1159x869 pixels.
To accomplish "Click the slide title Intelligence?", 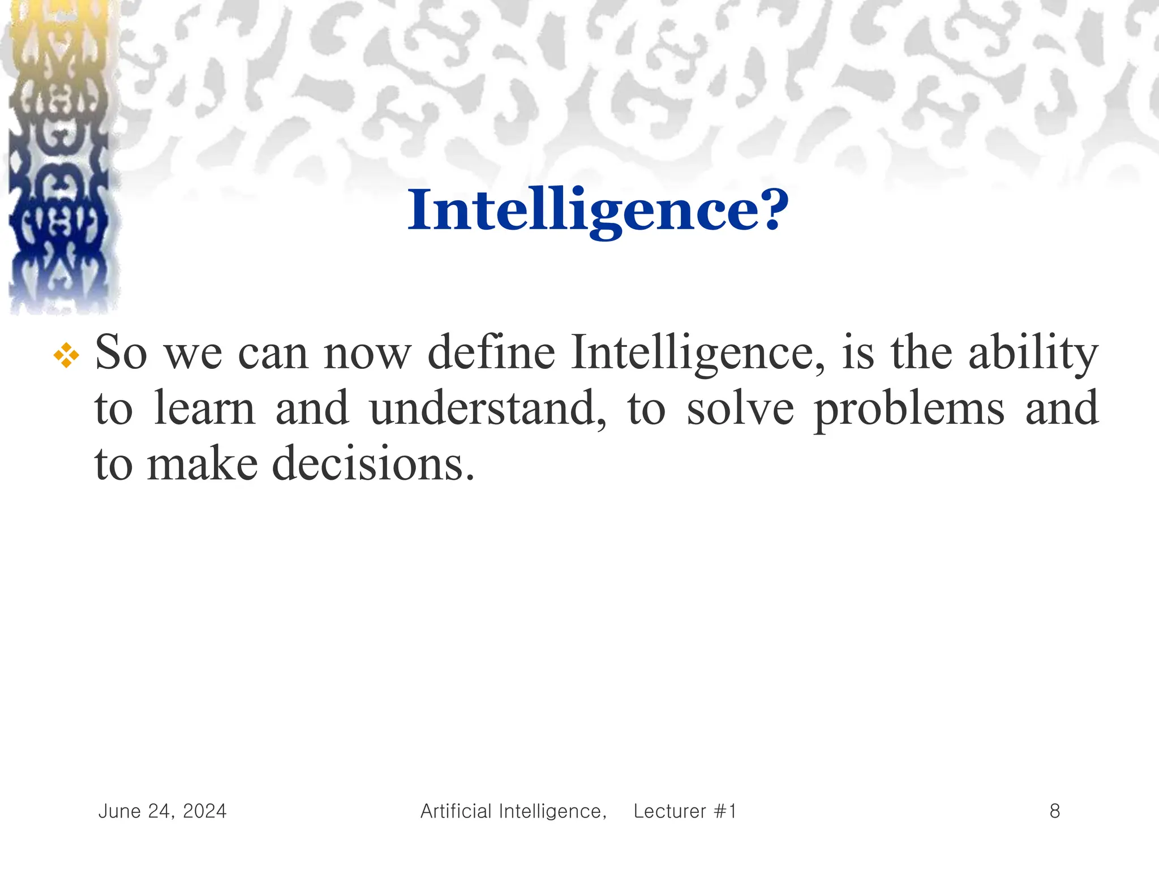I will click(598, 210).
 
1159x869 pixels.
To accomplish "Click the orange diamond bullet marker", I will click(66, 355).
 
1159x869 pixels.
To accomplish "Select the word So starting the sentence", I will click(121, 352).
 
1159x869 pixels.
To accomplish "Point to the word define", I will click(491, 352).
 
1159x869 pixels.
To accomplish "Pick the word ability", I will click(1033, 354).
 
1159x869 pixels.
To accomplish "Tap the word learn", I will click(205, 408).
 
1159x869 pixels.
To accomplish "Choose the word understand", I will click(488, 408).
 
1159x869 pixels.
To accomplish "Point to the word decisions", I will click(373, 464).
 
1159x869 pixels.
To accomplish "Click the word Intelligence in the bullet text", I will click(698, 354).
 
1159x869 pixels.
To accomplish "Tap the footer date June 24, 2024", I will click(162, 811).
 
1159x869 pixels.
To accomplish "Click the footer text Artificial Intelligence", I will click(513, 811).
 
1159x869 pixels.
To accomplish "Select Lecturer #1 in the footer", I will click(685, 811).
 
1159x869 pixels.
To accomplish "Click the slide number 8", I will click(1055, 811).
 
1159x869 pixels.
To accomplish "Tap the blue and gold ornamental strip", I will click(59, 158).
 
